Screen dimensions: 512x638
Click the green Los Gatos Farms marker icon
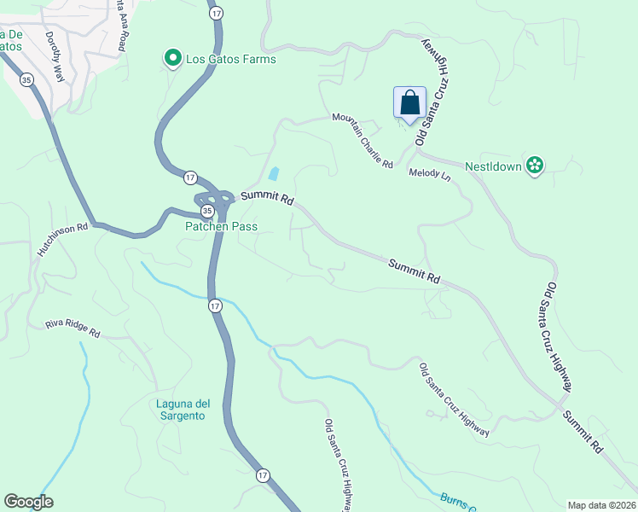pyautogui.click(x=171, y=59)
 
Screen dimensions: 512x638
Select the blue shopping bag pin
pyautogui.click(x=409, y=103)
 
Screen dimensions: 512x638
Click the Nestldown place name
pyautogui.click(x=492, y=166)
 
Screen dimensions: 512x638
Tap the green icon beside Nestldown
pyautogui.click(x=535, y=166)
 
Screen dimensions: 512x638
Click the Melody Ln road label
pyautogui.click(x=429, y=173)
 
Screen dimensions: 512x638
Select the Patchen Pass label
pyautogui.click(x=221, y=226)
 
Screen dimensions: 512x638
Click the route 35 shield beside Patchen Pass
pyautogui.click(x=206, y=210)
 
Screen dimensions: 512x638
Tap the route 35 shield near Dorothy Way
pyautogui.click(x=26, y=79)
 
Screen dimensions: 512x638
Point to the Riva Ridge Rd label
pyautogui.click(x=72, y=329)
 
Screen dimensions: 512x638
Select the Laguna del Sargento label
pyautogui.click(x=181, y=410)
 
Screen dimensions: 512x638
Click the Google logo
pyautogui.click(x=28, y=502)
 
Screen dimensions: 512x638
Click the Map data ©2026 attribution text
pyautogui.click(x=600, y=505)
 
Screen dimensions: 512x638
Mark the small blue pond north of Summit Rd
pyautogui.click(x=273, y=174)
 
